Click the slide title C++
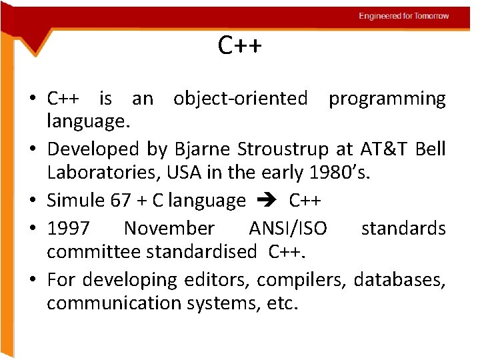pyautogui.click(x=240, y=46)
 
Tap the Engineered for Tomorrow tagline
pyautogui.click(x=404, y=15)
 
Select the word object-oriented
pyautogui.click(x=240, y=99)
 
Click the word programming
pyautogui.click(x=387, y=99)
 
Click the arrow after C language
pyautogui.click(x=267, y=200)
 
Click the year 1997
pyautogui.click(x=68, y=229)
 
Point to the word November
pyautogui.click(x=169, y=229)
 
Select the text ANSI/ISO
pyautogui.click(x=288, y=229)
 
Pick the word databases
pyautogui.click(x=399, y=279)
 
